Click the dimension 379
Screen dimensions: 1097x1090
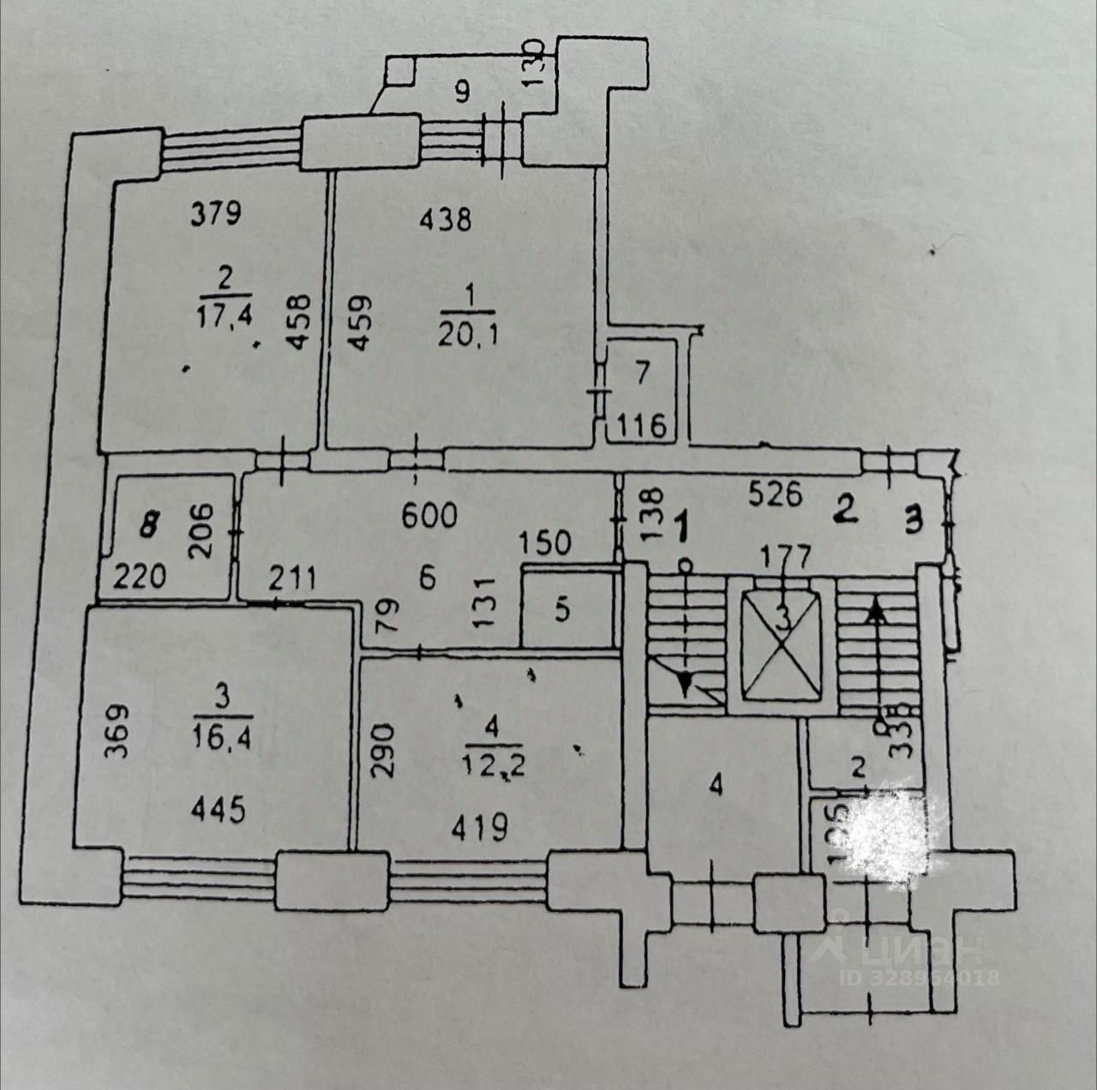(216, 212)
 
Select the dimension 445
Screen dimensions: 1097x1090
(219, 809)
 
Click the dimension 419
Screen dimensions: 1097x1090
(481, 827)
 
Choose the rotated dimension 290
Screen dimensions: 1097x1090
(382, 751)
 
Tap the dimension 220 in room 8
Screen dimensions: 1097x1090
(141, 577)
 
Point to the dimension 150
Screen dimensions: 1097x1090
(546, 542)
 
